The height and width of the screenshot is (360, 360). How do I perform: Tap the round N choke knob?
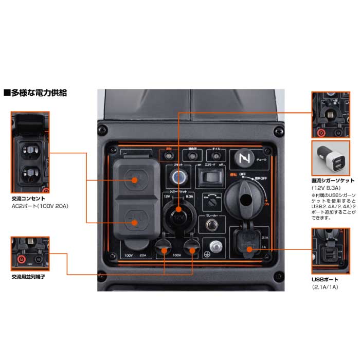[243, 158]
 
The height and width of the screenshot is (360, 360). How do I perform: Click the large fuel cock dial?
[243, 197]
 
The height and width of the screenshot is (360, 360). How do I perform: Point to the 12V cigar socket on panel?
[177, 210]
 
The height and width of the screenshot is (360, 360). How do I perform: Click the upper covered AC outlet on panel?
[135, 179]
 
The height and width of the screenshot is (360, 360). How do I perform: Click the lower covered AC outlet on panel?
[135, 222]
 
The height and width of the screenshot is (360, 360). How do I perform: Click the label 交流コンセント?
[28, 198]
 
